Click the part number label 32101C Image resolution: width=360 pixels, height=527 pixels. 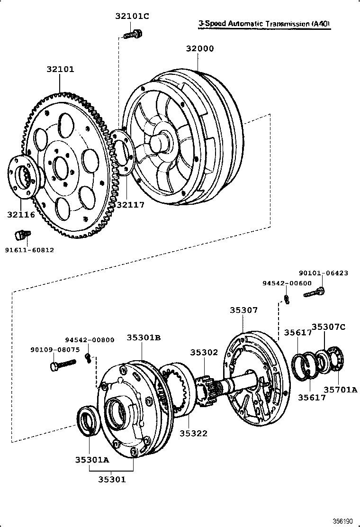[x=132, y=16]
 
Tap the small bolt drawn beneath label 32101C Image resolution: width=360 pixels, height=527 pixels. [x=133, y=34]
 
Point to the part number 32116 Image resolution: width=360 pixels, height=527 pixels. [x=21, y=215]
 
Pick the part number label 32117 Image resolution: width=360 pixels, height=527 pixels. [x=130, y=205]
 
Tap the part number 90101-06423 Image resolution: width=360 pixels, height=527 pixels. [x=324, y=273]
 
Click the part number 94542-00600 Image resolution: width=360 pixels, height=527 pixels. [x=287, y=283]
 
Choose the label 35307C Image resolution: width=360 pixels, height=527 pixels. [x=328, y=326]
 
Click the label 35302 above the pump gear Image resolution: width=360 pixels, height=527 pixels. [x=204, y=353]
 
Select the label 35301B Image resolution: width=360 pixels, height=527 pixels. [x=144, y=337]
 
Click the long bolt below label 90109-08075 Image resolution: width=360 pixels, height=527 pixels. [x=63, y=364]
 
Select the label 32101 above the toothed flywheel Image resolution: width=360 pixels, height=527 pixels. [x=60, y=69]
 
